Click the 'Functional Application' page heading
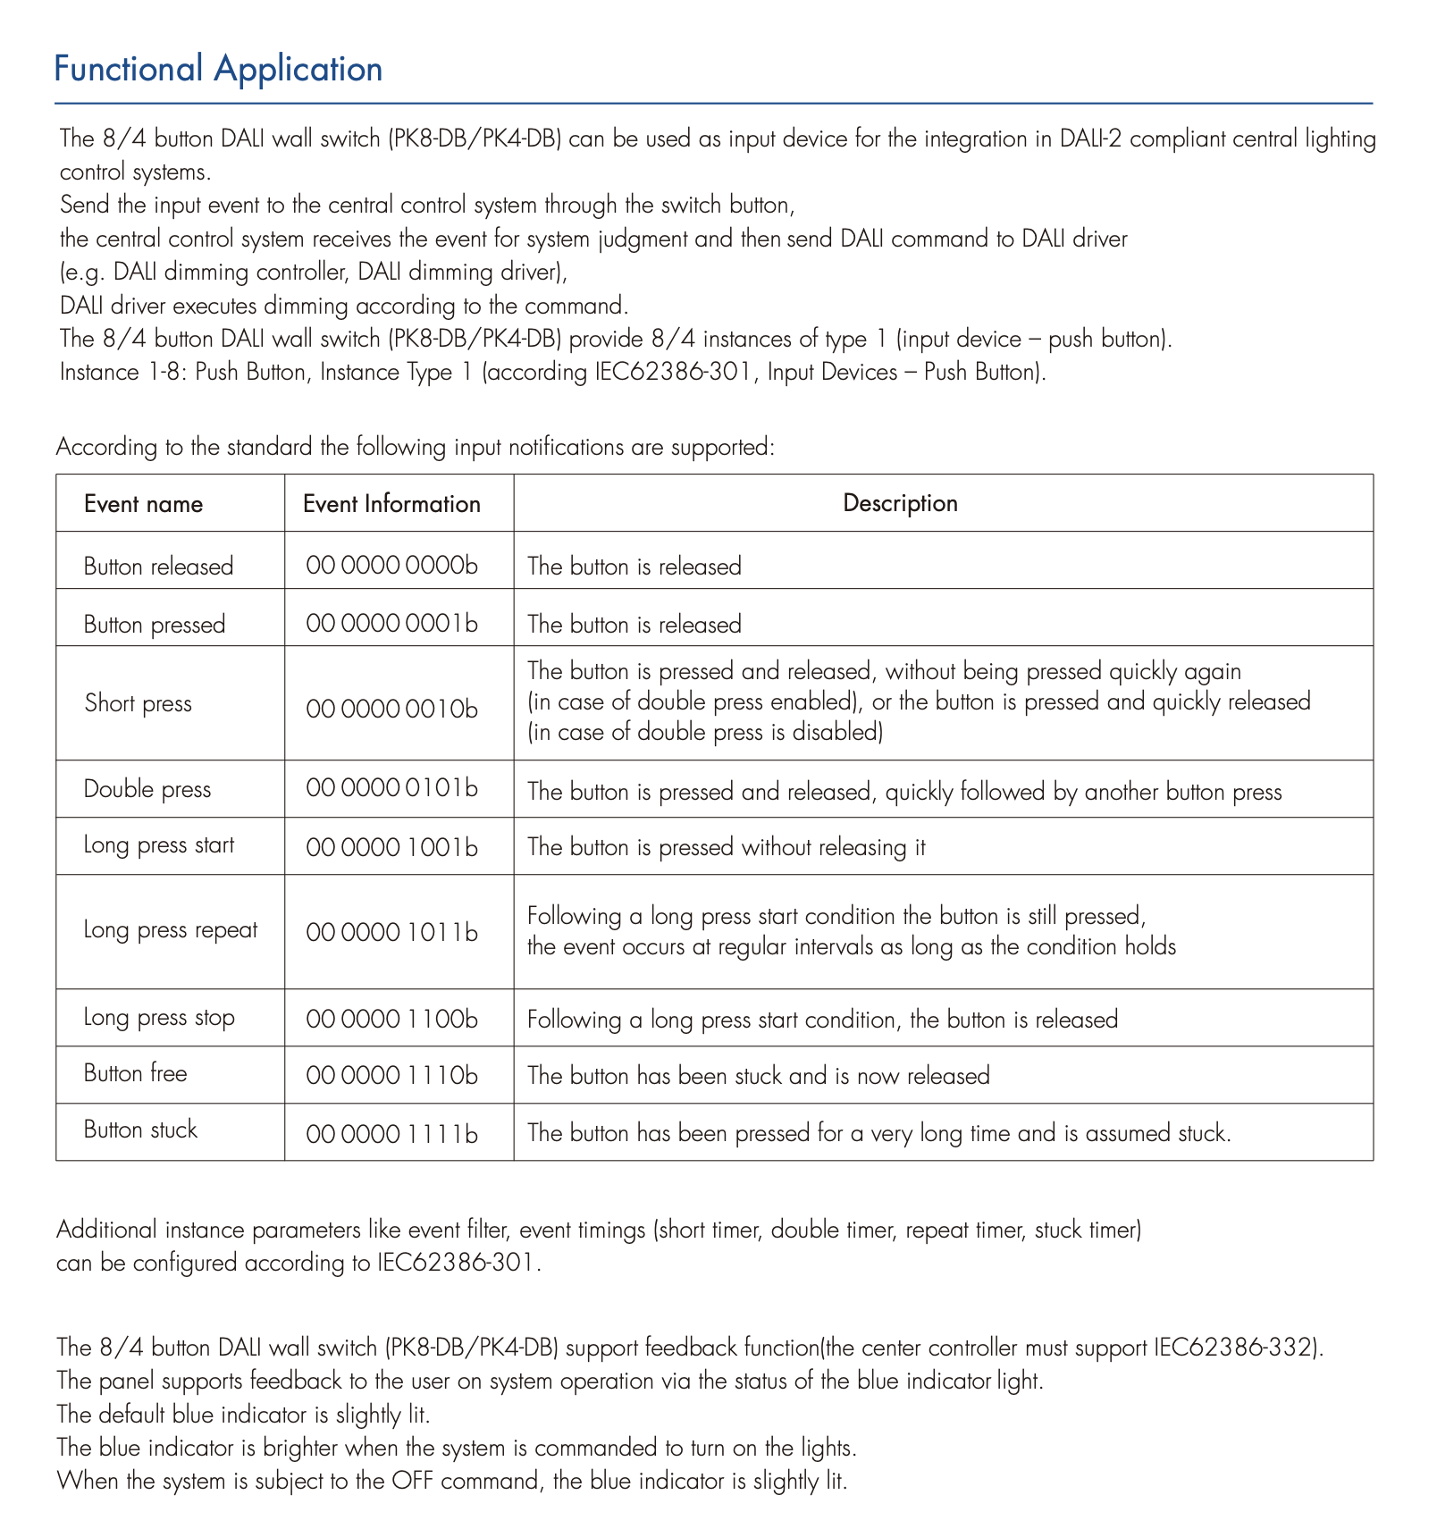[x=218, y=70]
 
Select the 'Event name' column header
[x=143, y=504]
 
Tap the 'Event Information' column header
[x=391, y=504]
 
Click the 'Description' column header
[x=900, y=503]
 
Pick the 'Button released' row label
[x=158, y=567]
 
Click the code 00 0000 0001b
[x=391, y=624]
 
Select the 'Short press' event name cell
[x=139, y=703]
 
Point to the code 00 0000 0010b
[x=391, y=709]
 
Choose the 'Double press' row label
[x=147, y=789]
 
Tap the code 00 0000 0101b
[x=391, y=788]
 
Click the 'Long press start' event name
[x=159, y=845]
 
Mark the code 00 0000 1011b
[x=391, y=933]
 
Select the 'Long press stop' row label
[x=159, y=1018]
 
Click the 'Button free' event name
[x=136, y=1073]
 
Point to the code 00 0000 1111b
[x=391, y=1134]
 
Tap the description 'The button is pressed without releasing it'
[x=727, y=847]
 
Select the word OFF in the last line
[x=412, y=1481]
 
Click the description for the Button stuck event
[x=879, y=1134]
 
